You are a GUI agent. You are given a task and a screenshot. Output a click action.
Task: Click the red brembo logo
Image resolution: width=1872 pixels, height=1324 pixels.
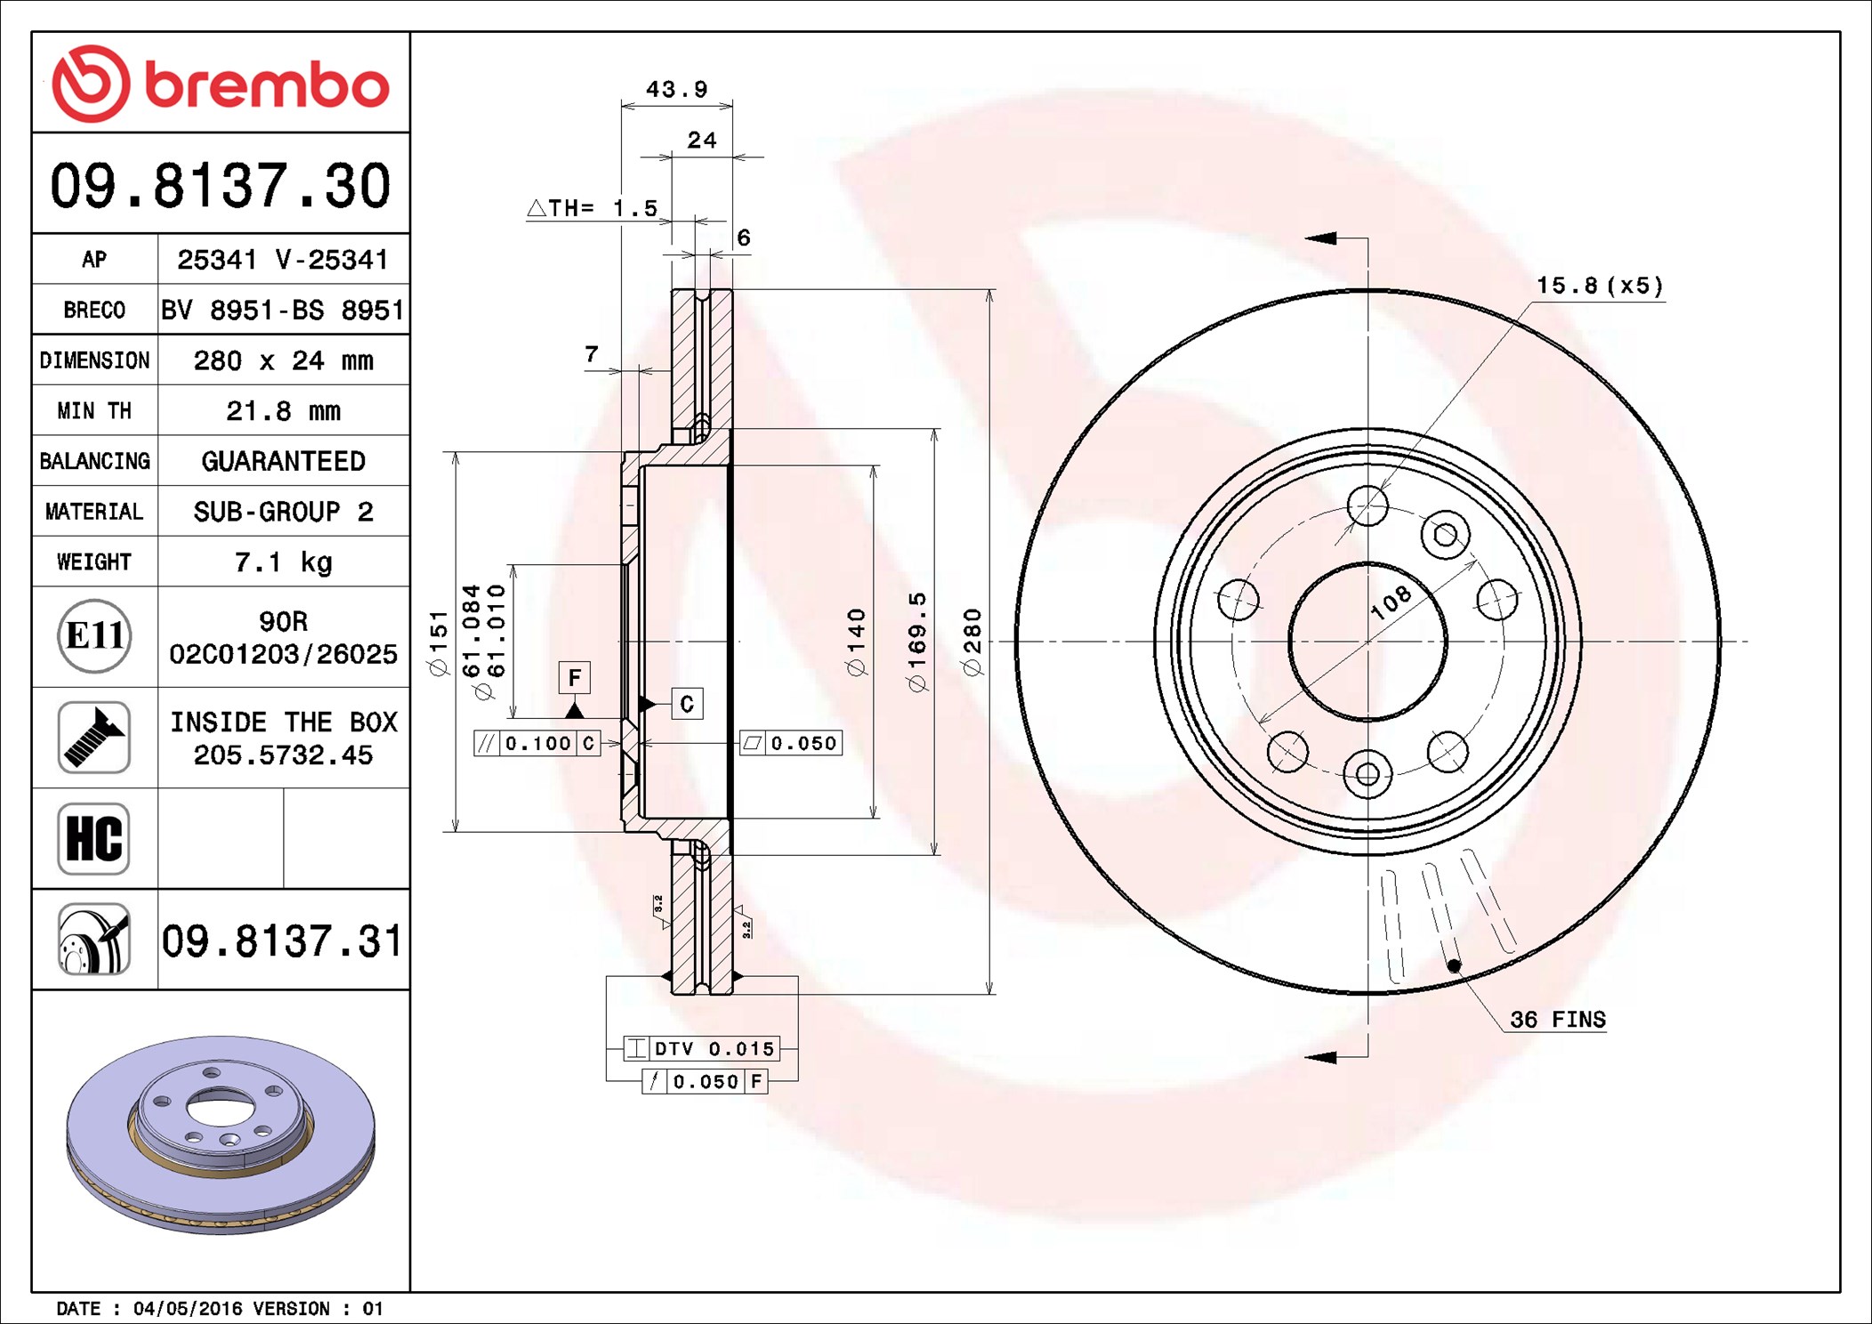(x=220, y=85)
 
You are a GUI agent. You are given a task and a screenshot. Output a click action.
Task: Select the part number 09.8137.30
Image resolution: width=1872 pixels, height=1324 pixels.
(x=220, y=186)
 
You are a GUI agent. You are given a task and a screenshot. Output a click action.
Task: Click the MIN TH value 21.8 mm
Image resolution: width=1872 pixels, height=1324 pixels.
(x=283, y=411)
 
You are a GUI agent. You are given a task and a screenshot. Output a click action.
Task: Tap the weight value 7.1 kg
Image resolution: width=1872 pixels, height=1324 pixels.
(x=283, y=562)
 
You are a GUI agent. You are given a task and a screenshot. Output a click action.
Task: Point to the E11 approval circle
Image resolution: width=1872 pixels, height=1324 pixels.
(x=94, y=636)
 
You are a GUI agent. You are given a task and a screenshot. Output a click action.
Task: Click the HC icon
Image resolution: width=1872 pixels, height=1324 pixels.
(x=94, y=838)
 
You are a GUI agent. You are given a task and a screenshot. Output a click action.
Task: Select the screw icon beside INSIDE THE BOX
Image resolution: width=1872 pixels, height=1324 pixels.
(x=94, y=737)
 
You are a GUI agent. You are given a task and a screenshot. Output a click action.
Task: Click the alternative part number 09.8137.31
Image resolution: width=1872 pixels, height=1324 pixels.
(x=282, y=941)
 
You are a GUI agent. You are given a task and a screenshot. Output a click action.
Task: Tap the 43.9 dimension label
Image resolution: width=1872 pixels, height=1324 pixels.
(x=676, y=89)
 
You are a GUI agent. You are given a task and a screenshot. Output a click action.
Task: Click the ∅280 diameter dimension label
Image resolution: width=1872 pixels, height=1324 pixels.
(x=972, y=642)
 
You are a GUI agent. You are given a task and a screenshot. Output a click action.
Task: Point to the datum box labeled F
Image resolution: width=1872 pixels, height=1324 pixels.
(x=575, y=678)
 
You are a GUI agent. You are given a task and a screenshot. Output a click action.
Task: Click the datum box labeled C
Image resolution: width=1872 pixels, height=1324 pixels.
(x=686, y=704)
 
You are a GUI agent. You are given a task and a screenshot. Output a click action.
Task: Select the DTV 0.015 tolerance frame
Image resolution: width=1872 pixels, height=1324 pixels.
(x=702, y=1049)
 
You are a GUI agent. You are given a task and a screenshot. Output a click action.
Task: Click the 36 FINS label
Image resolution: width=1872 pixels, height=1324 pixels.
(x=1557, y=1020)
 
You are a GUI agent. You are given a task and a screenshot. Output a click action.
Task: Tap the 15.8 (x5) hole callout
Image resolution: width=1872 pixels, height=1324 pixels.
(x=1599, y=286)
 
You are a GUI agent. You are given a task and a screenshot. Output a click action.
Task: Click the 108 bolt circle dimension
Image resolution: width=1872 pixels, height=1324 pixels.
(x=1391, y=602)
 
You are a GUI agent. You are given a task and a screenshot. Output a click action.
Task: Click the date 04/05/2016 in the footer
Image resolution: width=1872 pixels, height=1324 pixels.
(x=187, y=1308)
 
